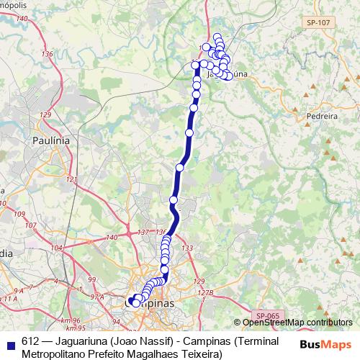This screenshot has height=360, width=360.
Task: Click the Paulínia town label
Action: tap(51, 141)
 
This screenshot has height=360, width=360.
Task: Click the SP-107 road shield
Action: tap(317, 23)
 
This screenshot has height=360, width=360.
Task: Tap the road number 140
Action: tap(112, 238)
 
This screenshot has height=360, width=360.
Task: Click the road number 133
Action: tap(188, 248)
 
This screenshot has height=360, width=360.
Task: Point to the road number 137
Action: tap(142, 232)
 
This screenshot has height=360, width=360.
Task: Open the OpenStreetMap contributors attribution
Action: tap(297, 323)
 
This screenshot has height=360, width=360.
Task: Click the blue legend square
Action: tap(10, 342)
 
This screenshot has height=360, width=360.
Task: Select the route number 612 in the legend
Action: tap(31, 342)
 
